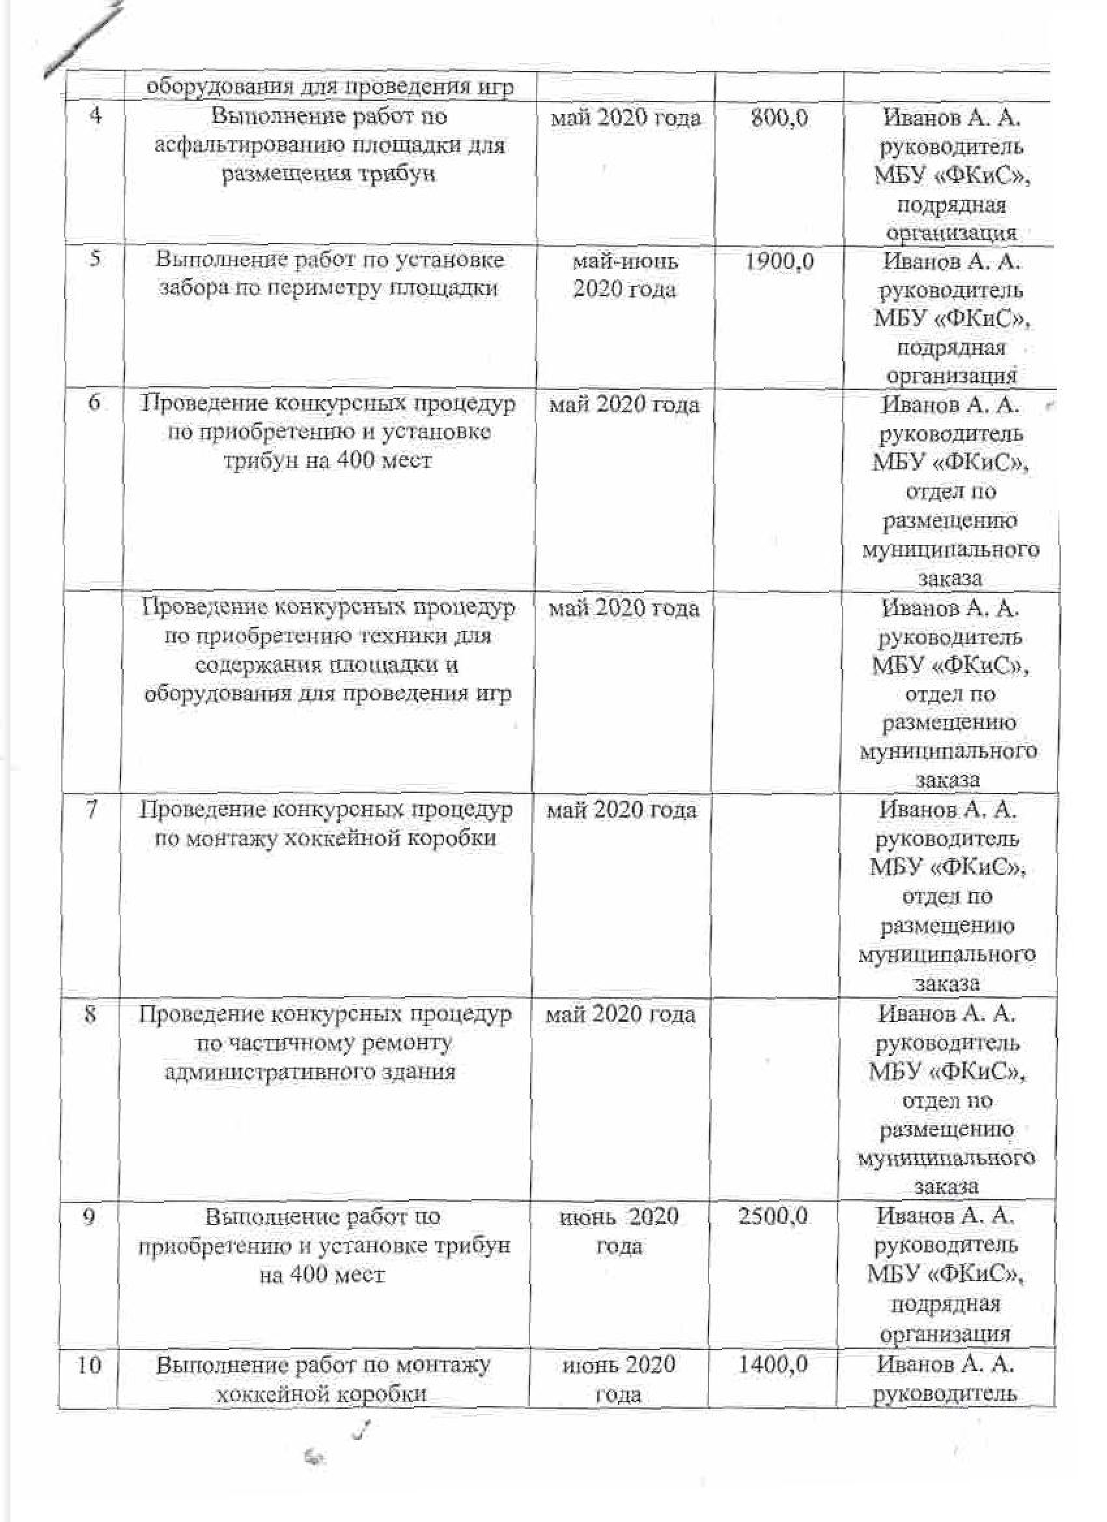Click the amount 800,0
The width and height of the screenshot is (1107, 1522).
779,119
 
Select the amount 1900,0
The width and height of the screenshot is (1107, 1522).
779,262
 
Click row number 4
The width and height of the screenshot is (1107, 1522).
95,116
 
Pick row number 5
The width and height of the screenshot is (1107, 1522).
95,258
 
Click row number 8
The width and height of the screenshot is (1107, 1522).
91,1014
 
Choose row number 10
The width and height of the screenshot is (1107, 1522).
89,1364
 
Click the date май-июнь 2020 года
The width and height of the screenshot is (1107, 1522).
624,275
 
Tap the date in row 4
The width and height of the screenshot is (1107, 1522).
625,119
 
